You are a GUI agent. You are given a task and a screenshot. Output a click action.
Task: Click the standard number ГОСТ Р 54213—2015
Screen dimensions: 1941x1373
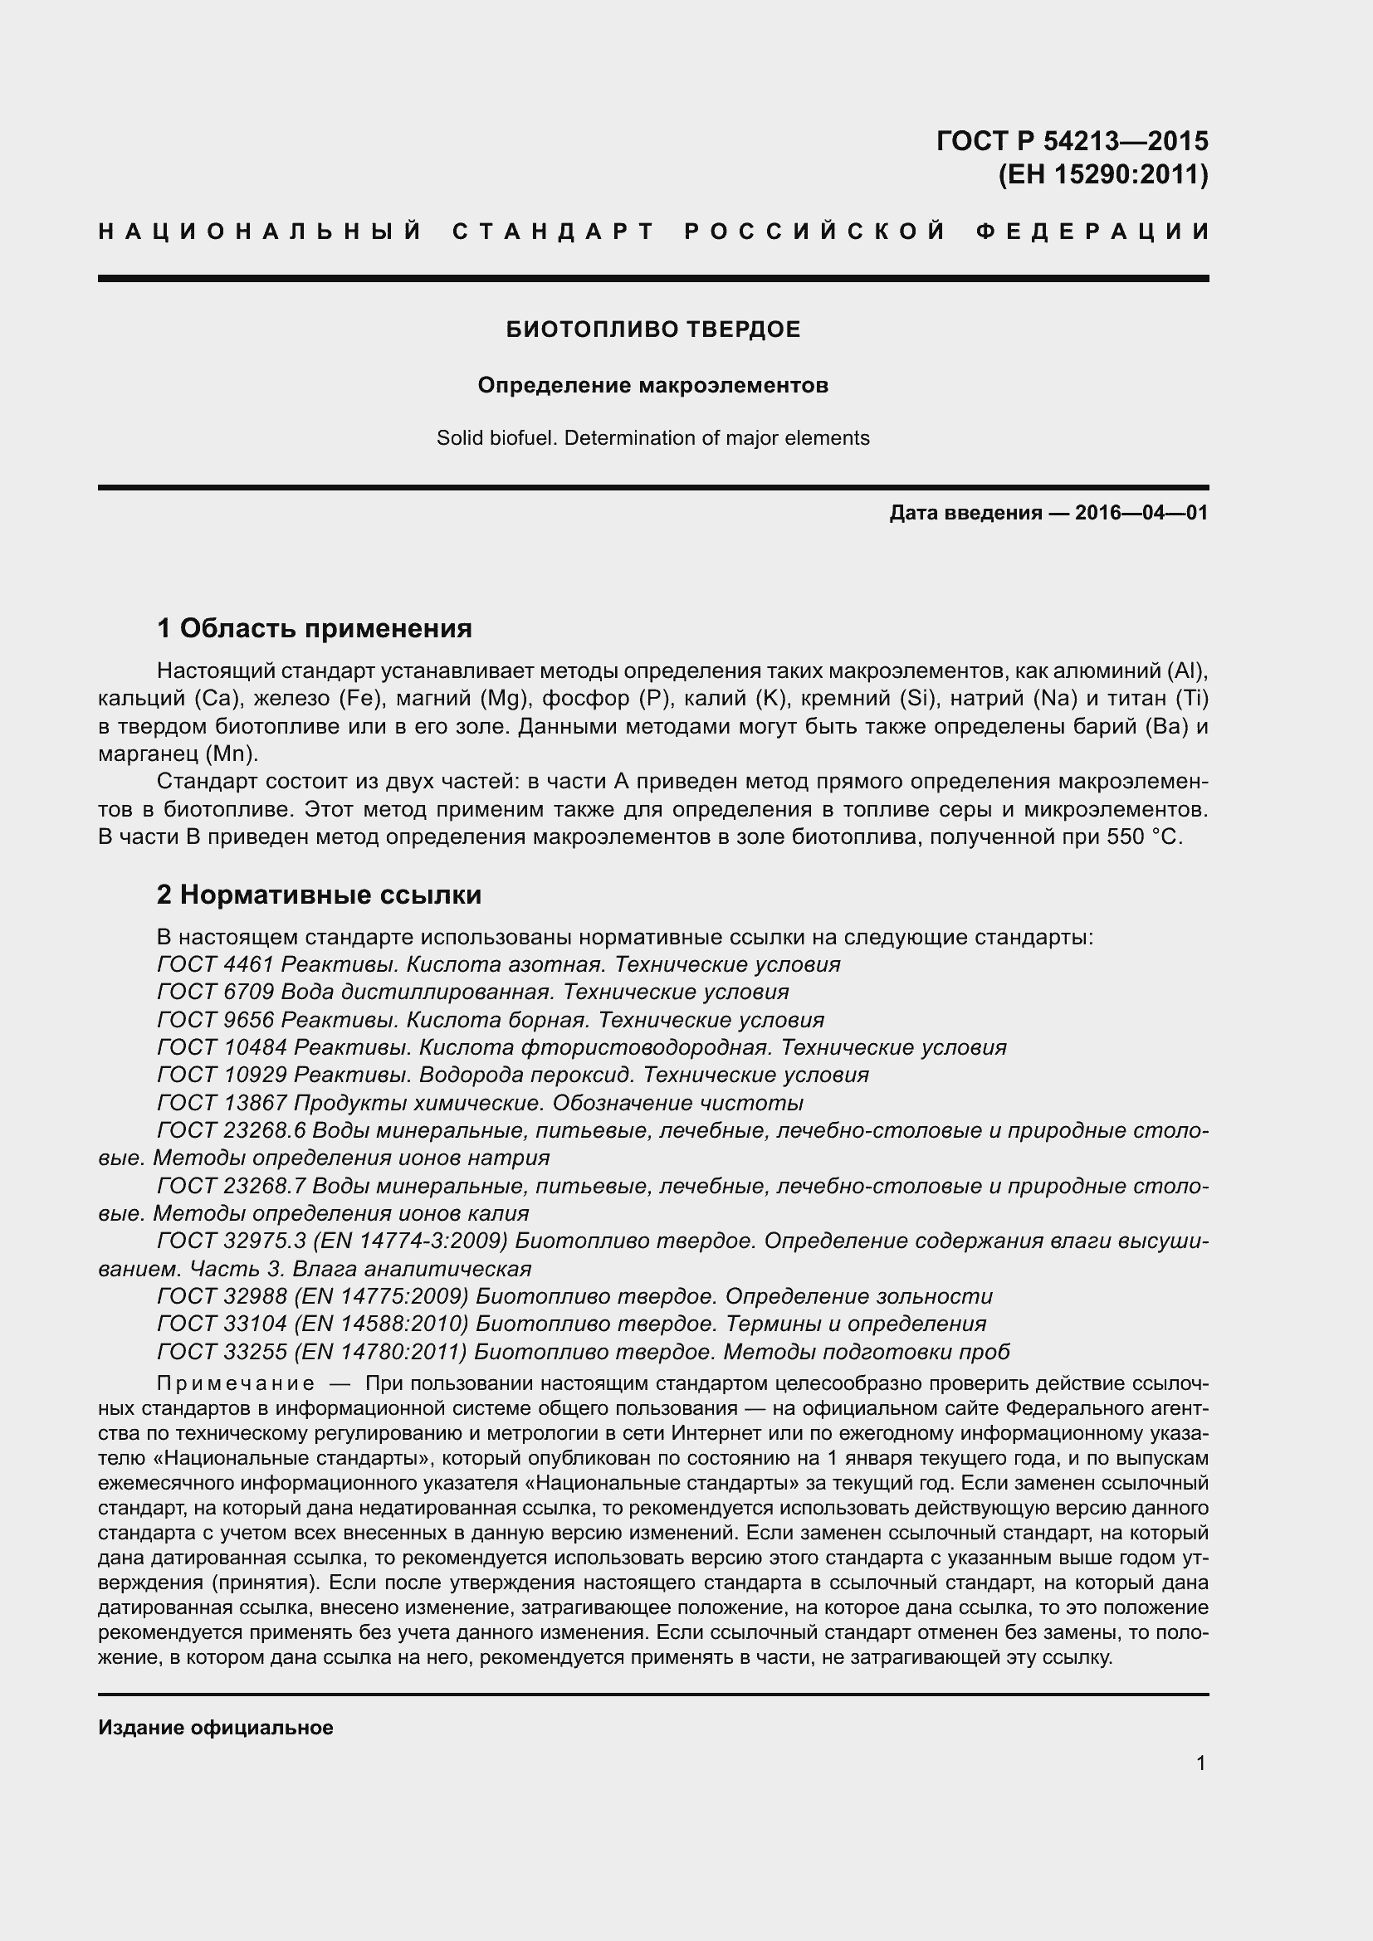[x=1072, y=140]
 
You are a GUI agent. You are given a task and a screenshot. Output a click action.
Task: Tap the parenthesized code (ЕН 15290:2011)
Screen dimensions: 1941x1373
[x=1102, y=175]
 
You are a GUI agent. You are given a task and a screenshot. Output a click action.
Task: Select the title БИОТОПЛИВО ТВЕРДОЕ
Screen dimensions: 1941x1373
[x=652, y=329]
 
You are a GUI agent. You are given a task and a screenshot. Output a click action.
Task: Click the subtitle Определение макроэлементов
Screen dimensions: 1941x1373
[x=652, y=386]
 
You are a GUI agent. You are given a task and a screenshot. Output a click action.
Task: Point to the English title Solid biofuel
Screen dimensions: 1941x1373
[x=497, y=438]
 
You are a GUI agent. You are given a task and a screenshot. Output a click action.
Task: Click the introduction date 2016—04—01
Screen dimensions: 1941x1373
[x=1141, y=512]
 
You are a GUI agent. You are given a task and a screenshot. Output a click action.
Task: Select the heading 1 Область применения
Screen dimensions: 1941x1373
[x=314, y=628]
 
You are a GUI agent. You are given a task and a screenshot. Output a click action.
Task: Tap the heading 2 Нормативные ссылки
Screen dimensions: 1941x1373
[x=319, y=895]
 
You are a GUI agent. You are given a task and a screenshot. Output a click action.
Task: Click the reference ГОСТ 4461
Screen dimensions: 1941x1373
[x=216, y=964]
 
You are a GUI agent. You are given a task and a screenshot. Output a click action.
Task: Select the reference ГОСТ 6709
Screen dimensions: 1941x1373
[x=216, y=992]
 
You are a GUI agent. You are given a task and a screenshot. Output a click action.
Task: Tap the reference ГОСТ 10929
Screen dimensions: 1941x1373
[x=222, y=1075]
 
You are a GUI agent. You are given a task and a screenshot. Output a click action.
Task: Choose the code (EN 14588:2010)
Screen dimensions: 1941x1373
[x=381, y=1323]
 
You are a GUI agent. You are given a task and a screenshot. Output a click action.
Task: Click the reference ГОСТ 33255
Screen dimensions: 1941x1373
[x=222, y=1352]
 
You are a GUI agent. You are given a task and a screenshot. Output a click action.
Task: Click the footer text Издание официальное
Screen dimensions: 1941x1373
[x=216, y=1728]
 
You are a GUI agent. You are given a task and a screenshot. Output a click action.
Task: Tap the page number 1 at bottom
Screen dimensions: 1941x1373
[x=1200, y=1763]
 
